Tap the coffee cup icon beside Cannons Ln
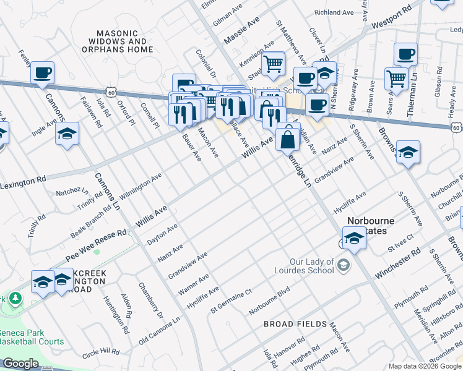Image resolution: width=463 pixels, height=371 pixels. tap(42, 74)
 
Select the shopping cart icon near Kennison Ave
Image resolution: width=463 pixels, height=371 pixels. tap(273, 63)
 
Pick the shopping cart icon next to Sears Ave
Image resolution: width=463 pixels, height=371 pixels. tap(396, 79)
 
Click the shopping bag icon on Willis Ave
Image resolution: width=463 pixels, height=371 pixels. tap(288, 138)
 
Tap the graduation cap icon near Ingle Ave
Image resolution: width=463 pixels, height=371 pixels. tap(67, 134)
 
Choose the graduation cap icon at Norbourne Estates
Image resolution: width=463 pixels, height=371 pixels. tap(353, 237)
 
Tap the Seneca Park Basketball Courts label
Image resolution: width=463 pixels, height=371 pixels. tap(32, 336)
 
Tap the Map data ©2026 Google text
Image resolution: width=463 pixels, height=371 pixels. tap(425, 365)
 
